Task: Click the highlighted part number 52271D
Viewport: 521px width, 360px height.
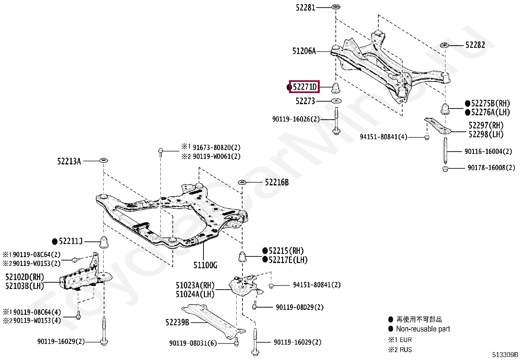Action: click(304, 87)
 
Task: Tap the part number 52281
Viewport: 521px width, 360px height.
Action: click(305, 8)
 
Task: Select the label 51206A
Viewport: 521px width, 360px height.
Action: click(304, 51)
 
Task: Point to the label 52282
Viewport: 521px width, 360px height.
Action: click(475, 45)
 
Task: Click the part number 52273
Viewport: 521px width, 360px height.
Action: click(305, 101)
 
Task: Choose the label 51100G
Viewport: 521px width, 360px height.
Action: click(205, 265)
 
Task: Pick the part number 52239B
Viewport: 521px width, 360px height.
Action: click(177, 322)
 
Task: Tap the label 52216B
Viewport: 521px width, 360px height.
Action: click(277, 182)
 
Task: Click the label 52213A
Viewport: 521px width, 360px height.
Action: click(69, 161)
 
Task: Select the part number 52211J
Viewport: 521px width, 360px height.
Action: click(70, 241)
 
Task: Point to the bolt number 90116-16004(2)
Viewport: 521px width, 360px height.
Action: click(488, 151)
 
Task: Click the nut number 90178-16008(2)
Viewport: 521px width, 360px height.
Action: click(491, 168)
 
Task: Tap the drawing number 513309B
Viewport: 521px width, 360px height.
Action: click(505, 355)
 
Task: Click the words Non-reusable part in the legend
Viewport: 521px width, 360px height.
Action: click(423, 329)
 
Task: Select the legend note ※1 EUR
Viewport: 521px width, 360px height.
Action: click(400, 340)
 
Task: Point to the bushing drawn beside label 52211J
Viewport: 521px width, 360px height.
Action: click(104, 242)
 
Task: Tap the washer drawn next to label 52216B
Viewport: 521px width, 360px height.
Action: click(242, 182)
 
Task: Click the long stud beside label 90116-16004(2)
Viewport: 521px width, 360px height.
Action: click(445, 150)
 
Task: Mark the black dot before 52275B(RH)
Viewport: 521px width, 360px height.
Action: click(468, 104)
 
